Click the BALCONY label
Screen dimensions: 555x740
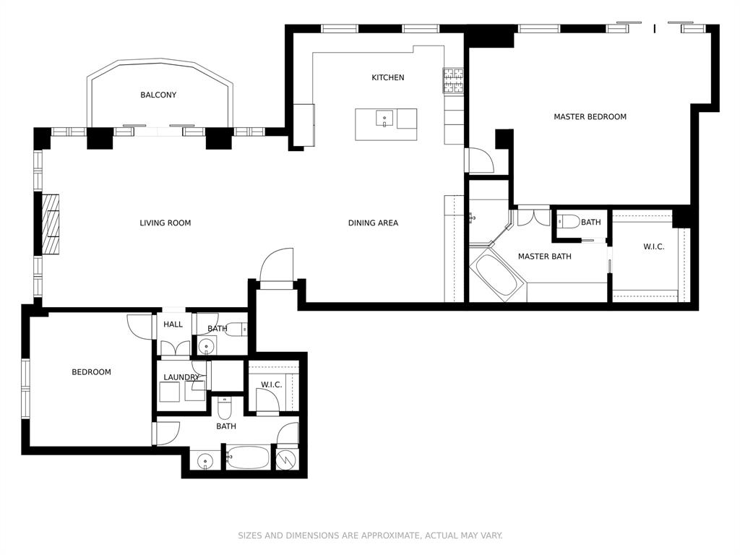tap(158, 95)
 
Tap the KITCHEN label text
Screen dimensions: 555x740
tap(388, 77)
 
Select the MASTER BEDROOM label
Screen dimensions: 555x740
tap(590, 116)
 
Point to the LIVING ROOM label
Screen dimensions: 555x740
tap(165, 223)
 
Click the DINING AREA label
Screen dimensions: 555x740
tap(373, 223)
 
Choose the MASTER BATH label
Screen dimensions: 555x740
tap(544, 257)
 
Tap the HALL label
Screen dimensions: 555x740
tap(173, 324)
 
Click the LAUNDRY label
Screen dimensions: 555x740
tap(181, 377)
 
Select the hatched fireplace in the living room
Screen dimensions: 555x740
tap(51, 224)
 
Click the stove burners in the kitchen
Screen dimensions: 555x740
tap(453, 80)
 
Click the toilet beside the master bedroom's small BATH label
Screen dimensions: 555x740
tap(568, 222)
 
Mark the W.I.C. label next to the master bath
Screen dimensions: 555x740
tap(653, 247)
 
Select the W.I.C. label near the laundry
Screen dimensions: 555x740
tap(271, 384)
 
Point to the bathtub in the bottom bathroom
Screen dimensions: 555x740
tap(247, 458)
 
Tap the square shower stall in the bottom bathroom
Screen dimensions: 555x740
tap(287, 459)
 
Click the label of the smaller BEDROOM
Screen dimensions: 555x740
tap(91, 372)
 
